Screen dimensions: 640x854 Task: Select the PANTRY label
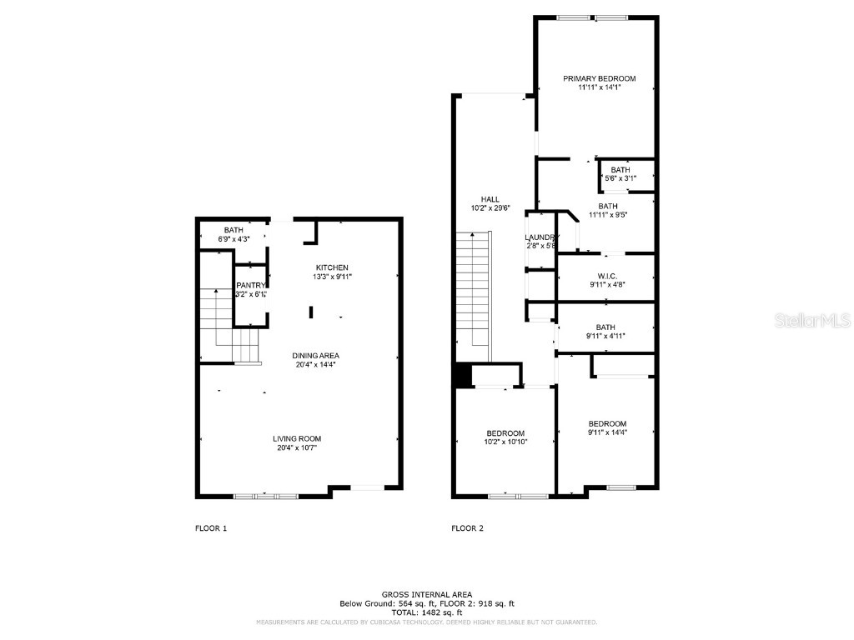click(250, 285)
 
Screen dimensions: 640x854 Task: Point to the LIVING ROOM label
click(296, 438)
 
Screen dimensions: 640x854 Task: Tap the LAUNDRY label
click(542, 237)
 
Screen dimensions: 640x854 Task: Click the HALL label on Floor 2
click(490, 199)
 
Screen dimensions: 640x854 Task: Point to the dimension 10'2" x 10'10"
click(505, 442)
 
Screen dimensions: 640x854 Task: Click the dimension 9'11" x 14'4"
click(606, 432)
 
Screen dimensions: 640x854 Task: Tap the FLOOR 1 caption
click(211, 528)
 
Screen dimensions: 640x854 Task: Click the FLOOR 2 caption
click(467, 528)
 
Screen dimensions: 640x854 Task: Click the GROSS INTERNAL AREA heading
click(426, 594)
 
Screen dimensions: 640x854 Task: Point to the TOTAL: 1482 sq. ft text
click(426, 612)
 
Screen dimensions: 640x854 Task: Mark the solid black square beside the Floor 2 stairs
click(462, 376)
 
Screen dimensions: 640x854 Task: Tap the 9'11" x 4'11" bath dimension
click(606, 336)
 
